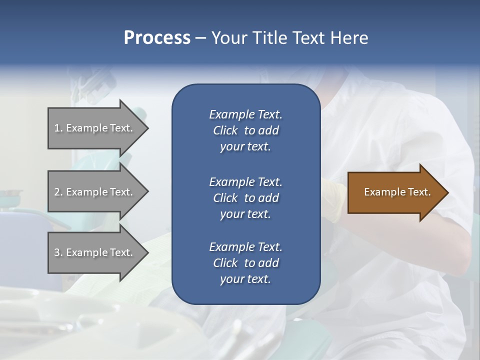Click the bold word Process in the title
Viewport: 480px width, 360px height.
(x=157, y=38)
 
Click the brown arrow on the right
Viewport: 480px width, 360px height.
(x=397, y=192)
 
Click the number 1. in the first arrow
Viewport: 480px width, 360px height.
(x=58, y=128)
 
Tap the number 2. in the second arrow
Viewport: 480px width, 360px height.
(x=58, y=192)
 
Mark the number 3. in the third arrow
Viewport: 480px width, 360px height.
(x=58, y=252)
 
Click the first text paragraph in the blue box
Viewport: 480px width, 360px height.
(x=245, y=130)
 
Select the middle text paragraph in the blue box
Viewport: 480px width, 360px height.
(x=245, y=198)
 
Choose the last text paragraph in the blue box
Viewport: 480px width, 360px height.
(x=245, y=263)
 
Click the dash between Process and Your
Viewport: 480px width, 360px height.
(x=200, y=38)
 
